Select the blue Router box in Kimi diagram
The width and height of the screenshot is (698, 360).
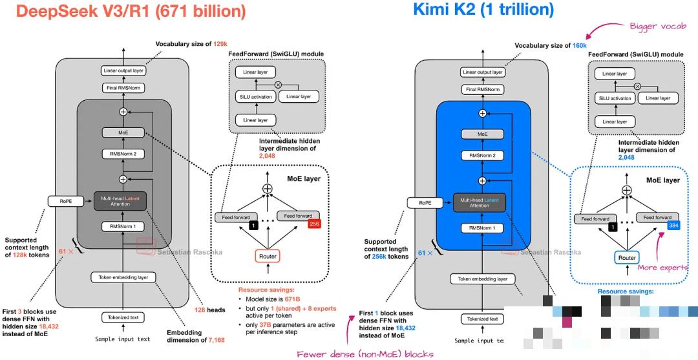point(627,258)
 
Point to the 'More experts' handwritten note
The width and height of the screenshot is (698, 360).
point(662,268)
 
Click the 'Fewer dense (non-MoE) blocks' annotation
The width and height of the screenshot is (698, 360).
point(365,353)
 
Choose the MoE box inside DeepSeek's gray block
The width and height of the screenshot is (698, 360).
point(122,132)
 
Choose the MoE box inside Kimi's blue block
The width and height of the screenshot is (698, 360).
point(483,133)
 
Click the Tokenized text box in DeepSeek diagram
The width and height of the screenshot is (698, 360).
point(122,317)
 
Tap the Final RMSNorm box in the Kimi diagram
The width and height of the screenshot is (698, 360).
point(483,89)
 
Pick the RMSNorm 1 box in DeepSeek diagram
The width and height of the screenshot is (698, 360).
point(122,226)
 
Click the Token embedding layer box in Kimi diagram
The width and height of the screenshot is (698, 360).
point(483,279)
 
